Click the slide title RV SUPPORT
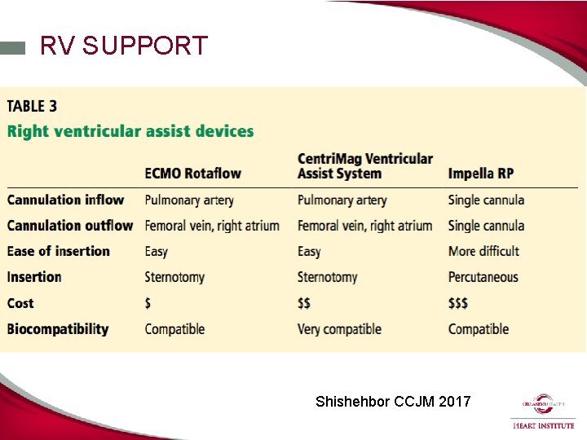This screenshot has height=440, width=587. coord(124,46)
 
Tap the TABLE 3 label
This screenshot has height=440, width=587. coord(33,106)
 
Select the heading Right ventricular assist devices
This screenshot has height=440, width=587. coord(130,131)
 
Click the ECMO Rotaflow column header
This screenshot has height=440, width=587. coord(192,174)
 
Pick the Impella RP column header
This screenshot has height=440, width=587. coord(481,174)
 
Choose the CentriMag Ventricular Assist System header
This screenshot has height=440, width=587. coord(364,165)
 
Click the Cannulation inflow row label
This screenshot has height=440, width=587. coord(66,200)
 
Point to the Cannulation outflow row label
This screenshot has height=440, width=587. coord(70,226)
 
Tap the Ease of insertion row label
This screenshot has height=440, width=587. coord(59,251)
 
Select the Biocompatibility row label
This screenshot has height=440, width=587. coord(58,329)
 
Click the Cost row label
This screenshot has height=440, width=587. coord(21,303)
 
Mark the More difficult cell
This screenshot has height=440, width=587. coord(483,251)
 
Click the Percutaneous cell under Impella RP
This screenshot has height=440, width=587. coord(483,277)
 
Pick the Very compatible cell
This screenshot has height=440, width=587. coord(339,329)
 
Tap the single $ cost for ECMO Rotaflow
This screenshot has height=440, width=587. coord(148,303)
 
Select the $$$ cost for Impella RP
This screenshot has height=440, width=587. coord(458,303)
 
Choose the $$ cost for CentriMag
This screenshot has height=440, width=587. coord(304,303)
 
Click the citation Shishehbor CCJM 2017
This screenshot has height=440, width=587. coord(393,401)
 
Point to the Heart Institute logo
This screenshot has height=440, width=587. coord(543,411)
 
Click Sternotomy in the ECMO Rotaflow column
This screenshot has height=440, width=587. coord(174,277)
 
